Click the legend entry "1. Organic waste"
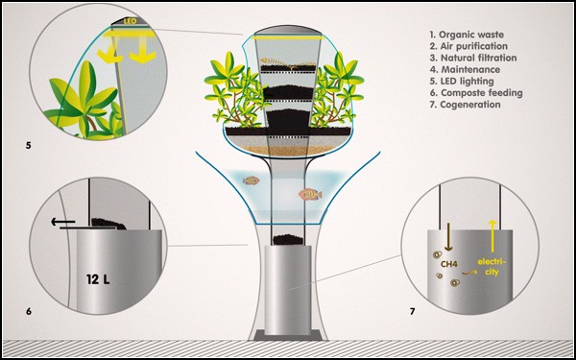tap(467, 35)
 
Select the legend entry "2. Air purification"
tap(468, 47)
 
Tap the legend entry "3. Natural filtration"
tap(472, 58)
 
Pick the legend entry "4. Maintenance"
tap(465, 69)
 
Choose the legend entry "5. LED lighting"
tap(462, 82)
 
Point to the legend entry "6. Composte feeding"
tap(476, 93)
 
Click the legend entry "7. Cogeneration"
tap(465, 105)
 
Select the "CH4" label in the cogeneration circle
tap(449, 263)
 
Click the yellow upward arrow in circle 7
tap(492, 236)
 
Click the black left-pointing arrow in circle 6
tap(62, 222)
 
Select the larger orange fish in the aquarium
tap(310, 194)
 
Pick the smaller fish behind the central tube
tap(252, 180)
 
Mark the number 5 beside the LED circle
tap(28, 145)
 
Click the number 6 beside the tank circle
tap(28, 311)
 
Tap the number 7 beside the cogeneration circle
tap(412, 312)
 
